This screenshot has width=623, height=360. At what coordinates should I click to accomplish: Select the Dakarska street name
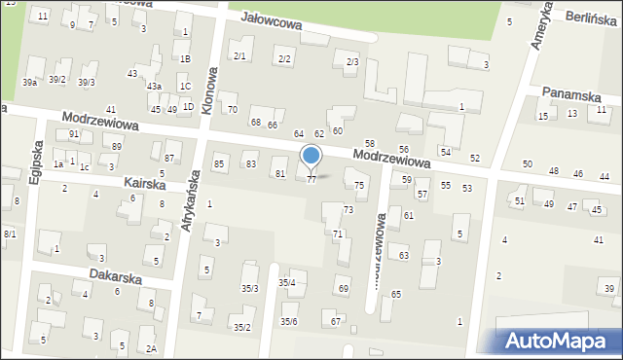coord(116,275)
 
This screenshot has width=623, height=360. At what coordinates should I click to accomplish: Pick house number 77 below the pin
coord(311,180)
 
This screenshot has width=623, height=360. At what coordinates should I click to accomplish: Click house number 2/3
coord(352,61)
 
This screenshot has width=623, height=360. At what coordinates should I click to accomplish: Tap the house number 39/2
coord(57,79)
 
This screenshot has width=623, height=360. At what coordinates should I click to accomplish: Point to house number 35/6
coord(289,321)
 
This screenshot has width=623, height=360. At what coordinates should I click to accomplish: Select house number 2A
coord(151,347)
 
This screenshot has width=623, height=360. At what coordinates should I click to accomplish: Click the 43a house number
coord(154,87)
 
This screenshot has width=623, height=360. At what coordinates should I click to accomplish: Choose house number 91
coord(74,133)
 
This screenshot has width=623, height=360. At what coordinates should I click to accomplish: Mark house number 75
coord(359,185)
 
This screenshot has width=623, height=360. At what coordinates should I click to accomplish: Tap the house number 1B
coord(185,58)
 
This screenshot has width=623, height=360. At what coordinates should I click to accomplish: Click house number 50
coord(527,164)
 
